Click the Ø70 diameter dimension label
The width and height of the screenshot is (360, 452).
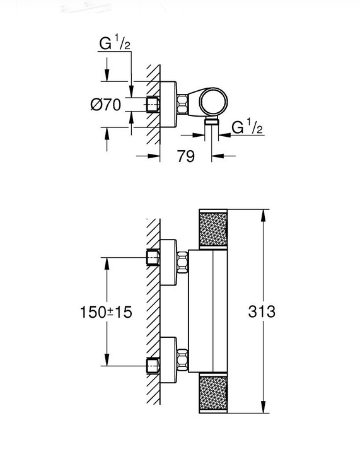coord(105,105)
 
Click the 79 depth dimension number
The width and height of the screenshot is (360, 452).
coord(185,156)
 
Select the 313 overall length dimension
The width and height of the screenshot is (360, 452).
coord(262,311)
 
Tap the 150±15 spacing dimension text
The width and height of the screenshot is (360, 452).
coord(106,312)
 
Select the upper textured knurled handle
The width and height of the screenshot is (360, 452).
coord(213,229)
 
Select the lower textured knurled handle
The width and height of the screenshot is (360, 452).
coord(213,393)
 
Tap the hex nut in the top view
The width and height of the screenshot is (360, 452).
coord(182,104)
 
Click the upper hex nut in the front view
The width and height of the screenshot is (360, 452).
coord(182,262)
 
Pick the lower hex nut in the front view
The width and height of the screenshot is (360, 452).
coord(182,360)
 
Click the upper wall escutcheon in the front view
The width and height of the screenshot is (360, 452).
coord(168,262)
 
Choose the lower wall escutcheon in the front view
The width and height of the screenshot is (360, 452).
coord(168,360)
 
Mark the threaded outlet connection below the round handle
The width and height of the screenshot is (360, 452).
coord(212,121)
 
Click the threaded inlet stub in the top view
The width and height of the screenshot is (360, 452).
coord(153,105)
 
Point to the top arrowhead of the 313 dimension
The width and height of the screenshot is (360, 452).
coord(263,216)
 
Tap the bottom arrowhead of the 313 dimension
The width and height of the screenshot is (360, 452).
coord(263,407)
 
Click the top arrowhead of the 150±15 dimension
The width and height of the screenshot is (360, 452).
coord(107,264)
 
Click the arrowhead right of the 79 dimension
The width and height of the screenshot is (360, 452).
coord(218,156)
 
